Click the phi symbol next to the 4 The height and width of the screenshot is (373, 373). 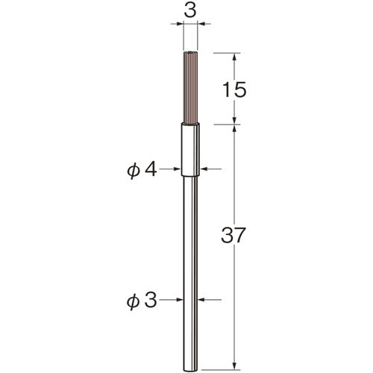point(135,169)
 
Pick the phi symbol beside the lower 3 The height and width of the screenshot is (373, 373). point(135,301)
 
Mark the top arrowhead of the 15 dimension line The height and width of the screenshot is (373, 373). point(236,56)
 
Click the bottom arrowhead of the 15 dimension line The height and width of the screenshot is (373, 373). point(236,120)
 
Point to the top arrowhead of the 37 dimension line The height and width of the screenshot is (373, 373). point(236,128)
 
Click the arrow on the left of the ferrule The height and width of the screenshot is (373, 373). point(178,169)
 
